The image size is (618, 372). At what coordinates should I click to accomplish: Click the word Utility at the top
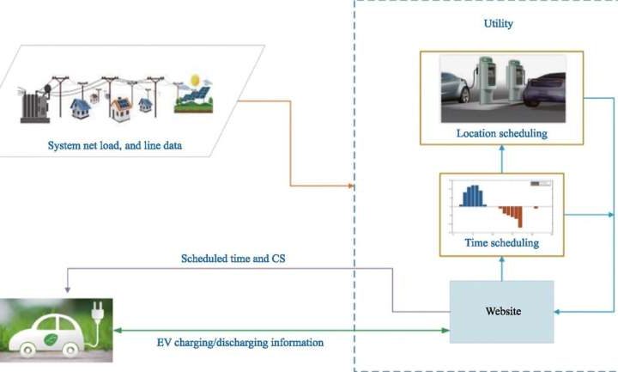(x=498, y=24)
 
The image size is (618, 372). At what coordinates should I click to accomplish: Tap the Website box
(x=503, y=310)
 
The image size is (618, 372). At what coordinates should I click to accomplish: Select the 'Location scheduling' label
(x=502, y=133)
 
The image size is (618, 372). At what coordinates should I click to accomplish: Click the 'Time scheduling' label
(x=502, y=243)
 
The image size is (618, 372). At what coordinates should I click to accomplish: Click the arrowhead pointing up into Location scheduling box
(x=502, y=148)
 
